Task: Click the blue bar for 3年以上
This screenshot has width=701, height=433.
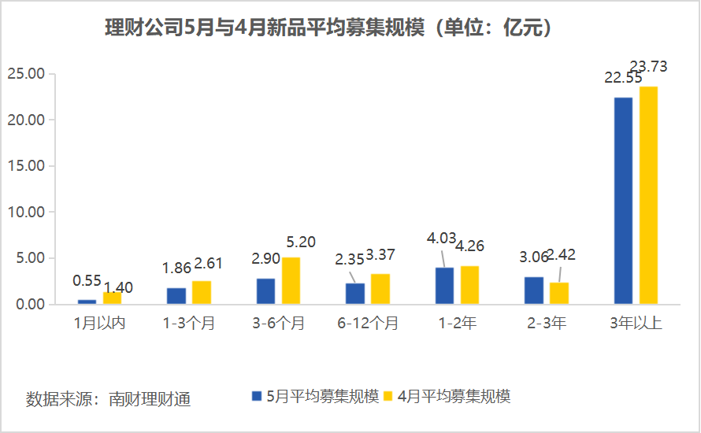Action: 623,201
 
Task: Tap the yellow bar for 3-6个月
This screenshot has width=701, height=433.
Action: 291,280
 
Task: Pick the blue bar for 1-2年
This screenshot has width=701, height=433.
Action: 444,286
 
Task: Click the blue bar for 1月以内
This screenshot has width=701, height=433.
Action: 87,302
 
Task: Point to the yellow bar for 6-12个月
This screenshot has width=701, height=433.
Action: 380,289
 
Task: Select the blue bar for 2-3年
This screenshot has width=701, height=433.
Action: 534,291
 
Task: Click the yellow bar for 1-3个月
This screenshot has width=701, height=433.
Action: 202,292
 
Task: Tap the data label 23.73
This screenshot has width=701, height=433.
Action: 647,67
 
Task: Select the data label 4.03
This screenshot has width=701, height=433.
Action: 441,237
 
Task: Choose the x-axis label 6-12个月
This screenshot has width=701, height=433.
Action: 369,323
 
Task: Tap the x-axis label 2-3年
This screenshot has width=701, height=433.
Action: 547,323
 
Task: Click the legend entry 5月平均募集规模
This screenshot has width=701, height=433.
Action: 315,396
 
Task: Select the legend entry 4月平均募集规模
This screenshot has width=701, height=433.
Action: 446,396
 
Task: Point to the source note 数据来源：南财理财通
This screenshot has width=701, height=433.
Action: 109,398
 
